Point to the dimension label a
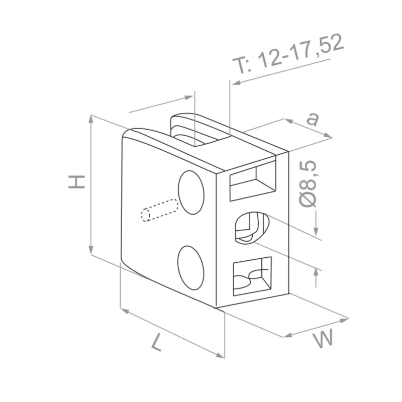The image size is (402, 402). click(313, 119)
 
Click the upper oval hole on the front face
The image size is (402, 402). click(192, 192)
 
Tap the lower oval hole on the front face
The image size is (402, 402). click(191, 267)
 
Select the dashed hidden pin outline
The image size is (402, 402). click(160, 210)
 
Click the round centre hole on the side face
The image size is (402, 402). click(250, 227)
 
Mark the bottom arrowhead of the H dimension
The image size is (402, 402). click(91, 253)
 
